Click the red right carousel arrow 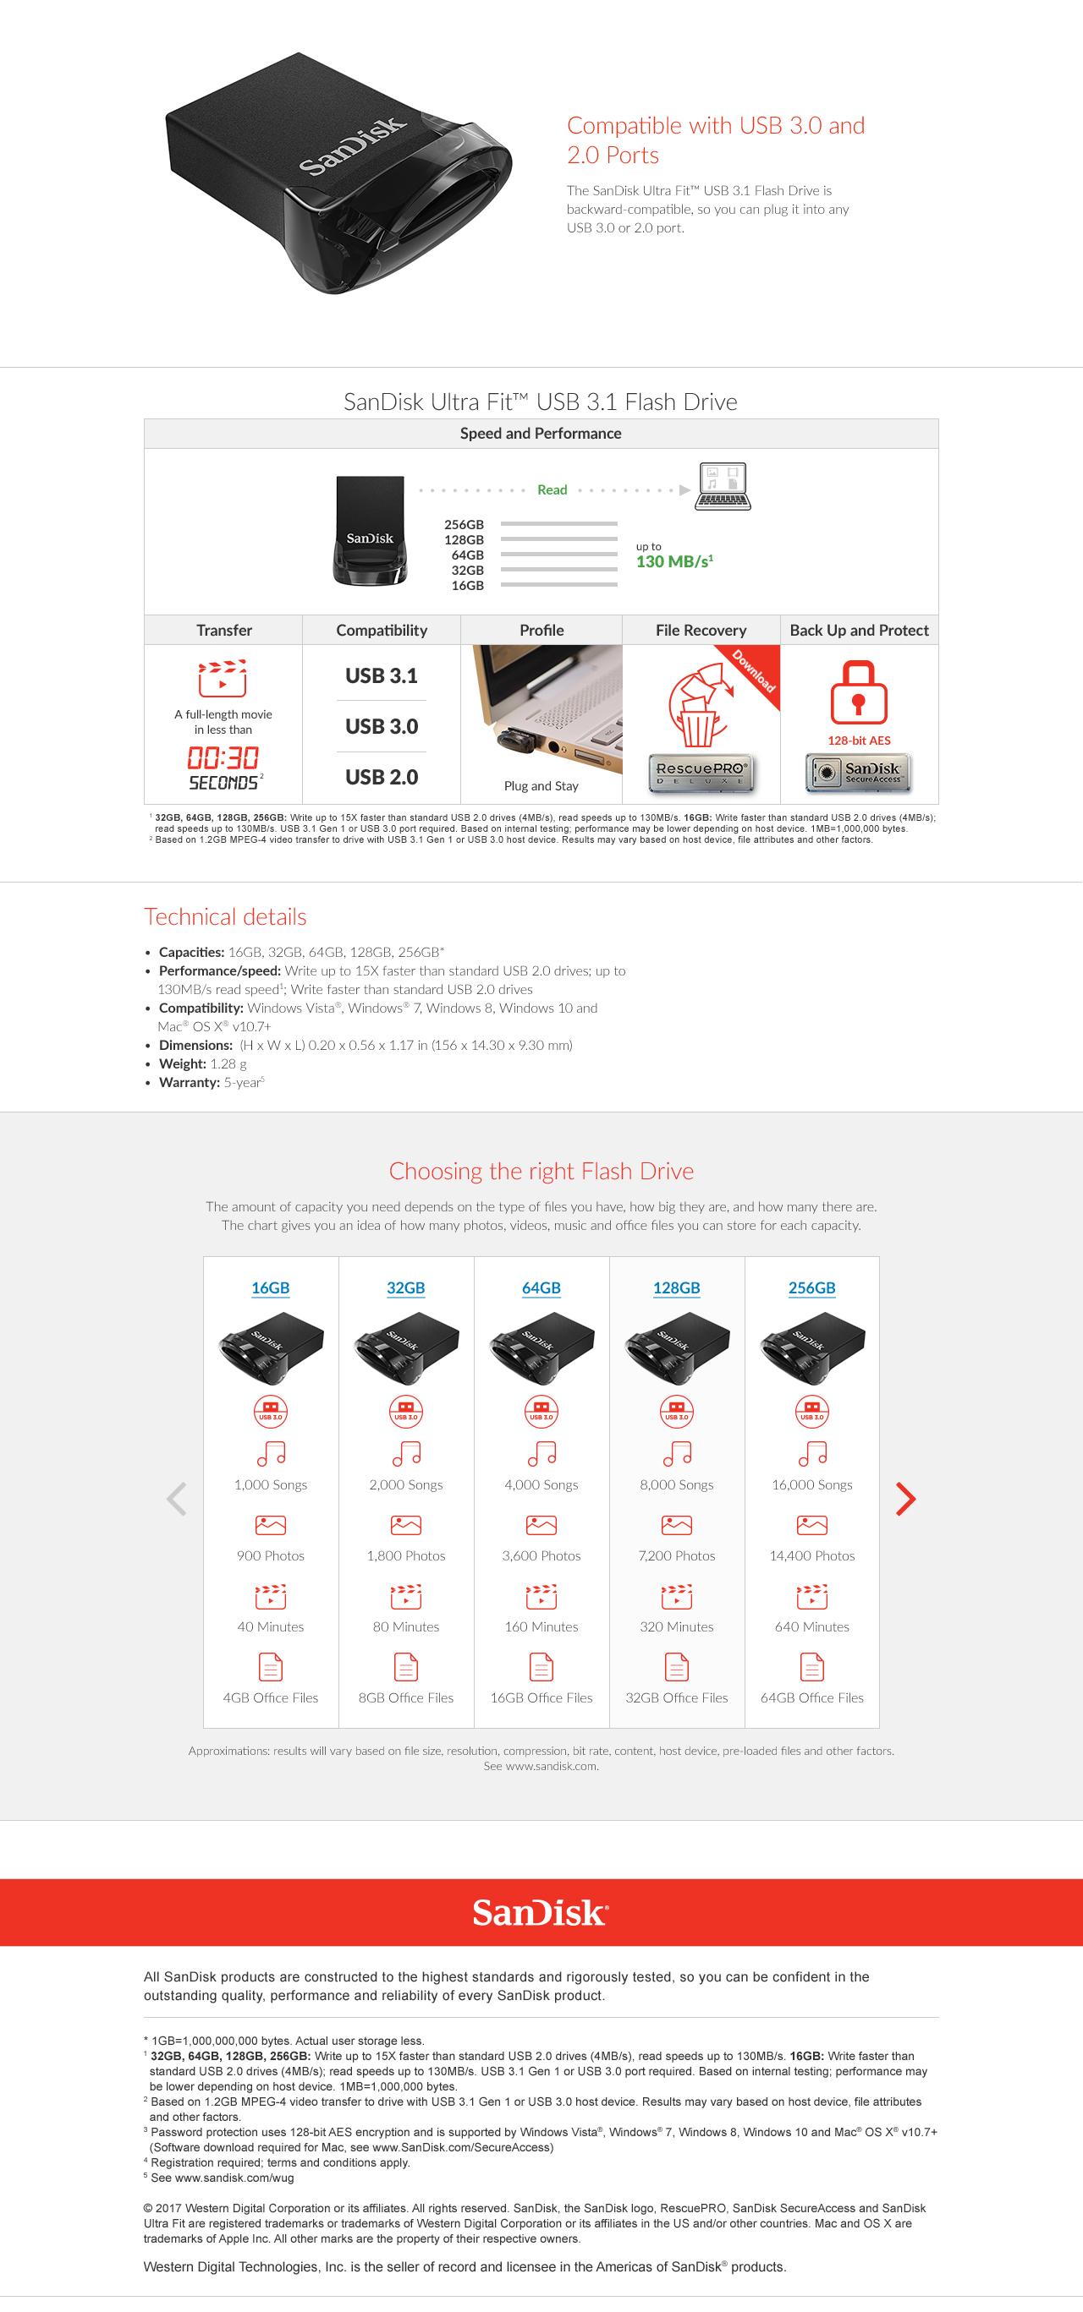click(x=906, y=1498)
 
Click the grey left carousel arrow click(x=177, y=1498)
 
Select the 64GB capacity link click(x=541, y=1288)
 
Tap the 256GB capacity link click(x=811, y=1288)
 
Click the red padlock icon click(x=859, y=692)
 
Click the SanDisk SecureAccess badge click(x=859, y=773)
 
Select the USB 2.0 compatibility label click(x=382, y=777)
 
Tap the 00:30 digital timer click(x=223, y=757)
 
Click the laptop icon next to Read click(x=723, y=486)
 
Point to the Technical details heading click(x=225, y=916)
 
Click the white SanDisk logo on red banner click(x=541, y=1913)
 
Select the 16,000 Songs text click(x=811, y=1484)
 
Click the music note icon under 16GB click(x=270, y=1453)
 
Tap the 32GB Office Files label click(x=677, y=1697)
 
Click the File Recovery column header click(x=701, y=630)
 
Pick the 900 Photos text click(x=270, y=1555)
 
